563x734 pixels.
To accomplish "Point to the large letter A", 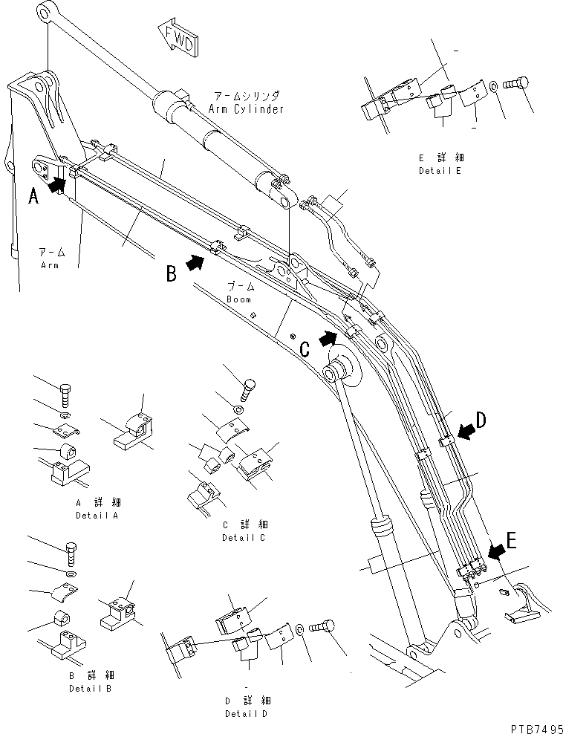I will [33, 196].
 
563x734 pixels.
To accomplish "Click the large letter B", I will [171, 274].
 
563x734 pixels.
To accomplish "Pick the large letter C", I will [305, 348].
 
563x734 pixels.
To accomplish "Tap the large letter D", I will [481, 420].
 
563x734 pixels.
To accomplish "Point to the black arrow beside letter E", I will [495, 550].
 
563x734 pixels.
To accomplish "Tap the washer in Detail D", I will [299, 631].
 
